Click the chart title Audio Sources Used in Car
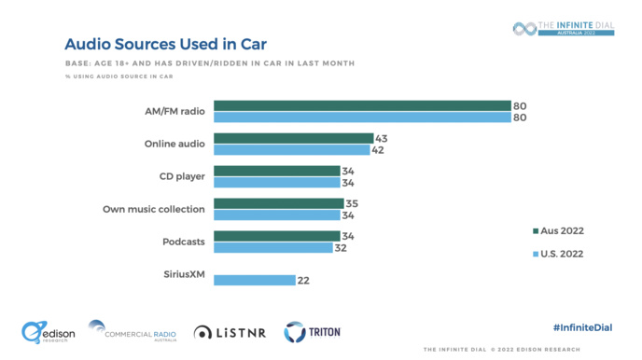click(164, 44)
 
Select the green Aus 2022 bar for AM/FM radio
click(362, 105)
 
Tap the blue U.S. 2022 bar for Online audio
click(292, 149)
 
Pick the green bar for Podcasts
click(277, 236)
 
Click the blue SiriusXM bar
click(255, 280)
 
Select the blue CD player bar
click(277, 183)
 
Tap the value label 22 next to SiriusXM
click(304, 280)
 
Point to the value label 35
click(352, 203)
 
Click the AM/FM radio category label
click(175, 111)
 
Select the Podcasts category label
click(184, 242)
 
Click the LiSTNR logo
click(230, 332)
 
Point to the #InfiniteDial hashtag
click(583, 327)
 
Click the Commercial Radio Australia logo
click(133, 331)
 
